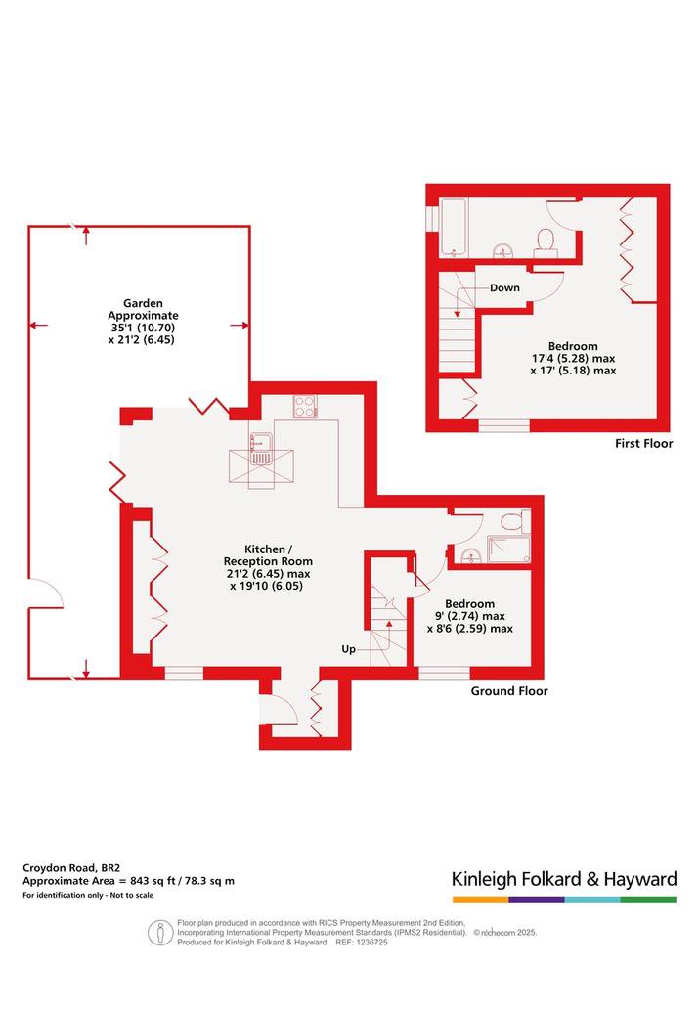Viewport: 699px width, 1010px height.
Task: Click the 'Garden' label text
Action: [x=143, y=303]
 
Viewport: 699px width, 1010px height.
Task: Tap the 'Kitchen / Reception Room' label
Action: [x=268, y=555]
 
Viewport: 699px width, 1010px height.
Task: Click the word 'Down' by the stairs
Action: [x=504, y=287]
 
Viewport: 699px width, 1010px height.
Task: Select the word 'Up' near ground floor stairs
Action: [x=349, y=649]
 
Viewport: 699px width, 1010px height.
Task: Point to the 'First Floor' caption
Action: [x=643, y=443]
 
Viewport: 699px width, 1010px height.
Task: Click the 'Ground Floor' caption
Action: [x=509, y=691]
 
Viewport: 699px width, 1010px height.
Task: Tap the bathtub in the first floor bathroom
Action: [x=453, y=227]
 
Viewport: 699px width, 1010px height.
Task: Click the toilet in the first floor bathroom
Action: [x=546, y=242]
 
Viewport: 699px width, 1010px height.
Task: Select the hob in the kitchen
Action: [x=305, y=407]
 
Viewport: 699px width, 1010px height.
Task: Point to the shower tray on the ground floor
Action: [x=509, y=550]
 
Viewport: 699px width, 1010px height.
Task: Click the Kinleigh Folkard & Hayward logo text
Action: [x=564, y=879]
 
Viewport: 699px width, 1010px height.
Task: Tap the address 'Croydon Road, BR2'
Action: [x=70, y=867]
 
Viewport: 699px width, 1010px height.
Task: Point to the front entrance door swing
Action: [x=284, y=710]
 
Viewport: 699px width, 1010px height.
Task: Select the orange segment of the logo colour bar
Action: [x=480, y=900]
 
